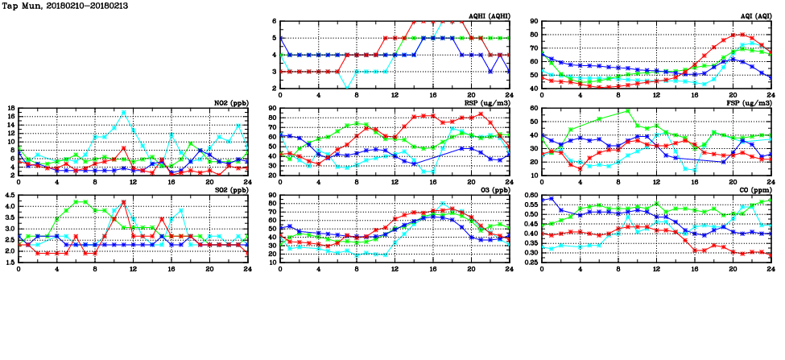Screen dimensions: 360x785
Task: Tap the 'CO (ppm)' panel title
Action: coord(753,190)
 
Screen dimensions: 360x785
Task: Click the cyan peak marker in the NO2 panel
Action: coord(123,112)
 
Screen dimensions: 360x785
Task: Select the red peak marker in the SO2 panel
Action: coord(123,201)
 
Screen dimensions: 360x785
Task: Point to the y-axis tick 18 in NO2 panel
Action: coord(10,107)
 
